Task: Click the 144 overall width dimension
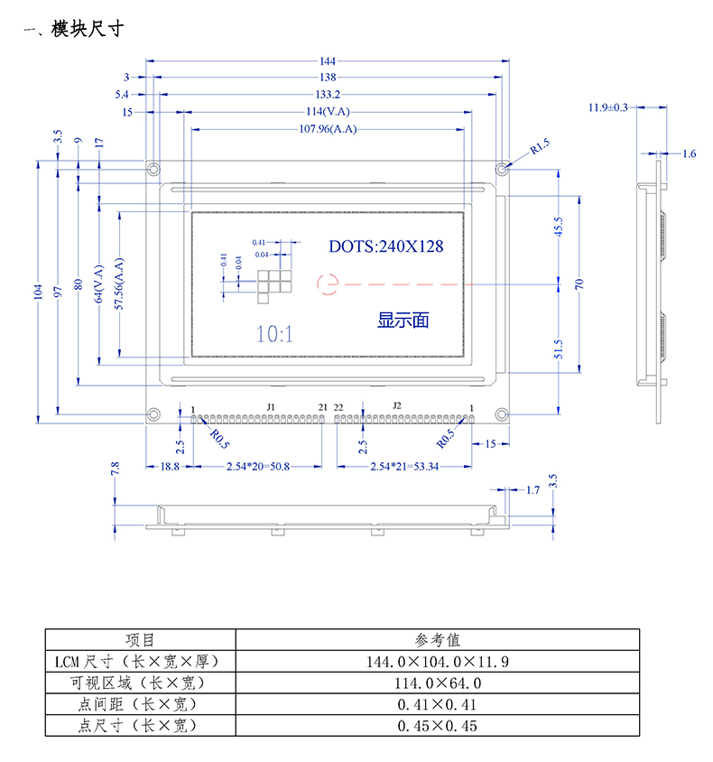click(326, 61)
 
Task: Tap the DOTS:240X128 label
click(385, 246)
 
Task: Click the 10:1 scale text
click(274, 334)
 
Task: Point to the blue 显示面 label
click(403, 319)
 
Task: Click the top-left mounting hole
click(154, 169)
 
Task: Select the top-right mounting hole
click(501, 169)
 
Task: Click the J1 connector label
click(270, 407)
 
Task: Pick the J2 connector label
click(394, 407)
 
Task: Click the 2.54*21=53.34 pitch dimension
click(406, 466)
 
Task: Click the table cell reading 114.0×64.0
click(437, 683)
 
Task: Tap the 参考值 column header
click(437, 640)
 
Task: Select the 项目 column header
click(140, 640)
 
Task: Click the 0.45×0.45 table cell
click(437, 725)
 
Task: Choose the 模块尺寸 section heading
click(87, 30)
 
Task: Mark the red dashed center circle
click(327, 283)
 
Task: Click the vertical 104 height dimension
click(38, 291)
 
